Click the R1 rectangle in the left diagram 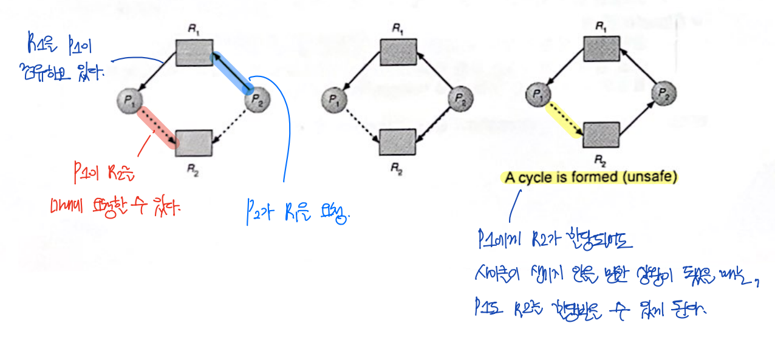(x=194, y=53)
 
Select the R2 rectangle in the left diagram (x=194, y=143)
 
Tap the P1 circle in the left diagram (x=131, y=101)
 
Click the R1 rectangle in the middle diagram (x=398, y=52)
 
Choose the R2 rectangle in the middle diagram (x=398, y=143)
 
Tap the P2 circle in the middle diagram (x=461, y=97)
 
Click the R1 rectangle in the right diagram (x=601, y=48)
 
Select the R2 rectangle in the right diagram (x=601, y=135)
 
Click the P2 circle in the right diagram (x=664, y=93)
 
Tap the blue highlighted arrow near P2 (x=230, y=72)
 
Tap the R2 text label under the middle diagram (x=396, y=168)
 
